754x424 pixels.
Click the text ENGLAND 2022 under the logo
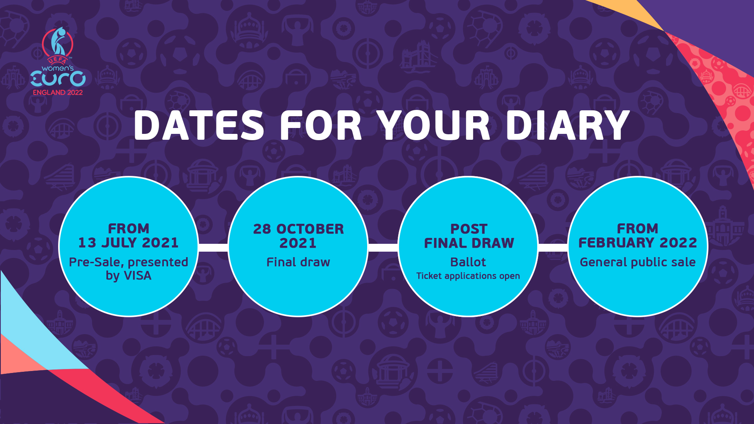coord(58,93)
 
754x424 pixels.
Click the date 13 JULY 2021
coord(128,243)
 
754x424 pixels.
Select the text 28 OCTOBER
coord(298,229)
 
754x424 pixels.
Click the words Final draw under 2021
coord(298,262)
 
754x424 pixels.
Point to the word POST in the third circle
coord(469,229)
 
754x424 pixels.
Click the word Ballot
coord(468,262)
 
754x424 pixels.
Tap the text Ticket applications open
coord(468,276)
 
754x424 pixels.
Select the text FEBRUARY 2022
coord(638,243)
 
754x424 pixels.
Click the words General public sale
coord(638,262)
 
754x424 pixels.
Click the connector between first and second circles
coord(213,247)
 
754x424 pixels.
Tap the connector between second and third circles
coord(383,247)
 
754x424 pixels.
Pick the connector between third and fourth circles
coord(553,247)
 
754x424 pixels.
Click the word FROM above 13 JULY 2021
coord(128,228)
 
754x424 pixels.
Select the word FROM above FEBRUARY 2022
coord(637,228)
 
